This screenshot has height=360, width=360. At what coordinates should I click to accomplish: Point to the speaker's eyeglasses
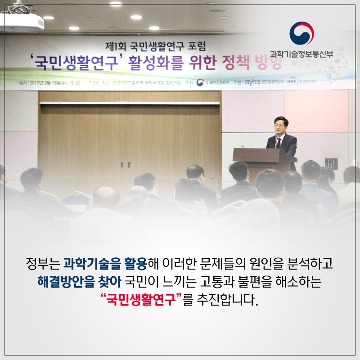(279, 125)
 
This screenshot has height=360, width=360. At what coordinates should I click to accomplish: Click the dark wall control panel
(332, 161)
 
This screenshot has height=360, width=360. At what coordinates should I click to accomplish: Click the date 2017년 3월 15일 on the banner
(43, 83)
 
